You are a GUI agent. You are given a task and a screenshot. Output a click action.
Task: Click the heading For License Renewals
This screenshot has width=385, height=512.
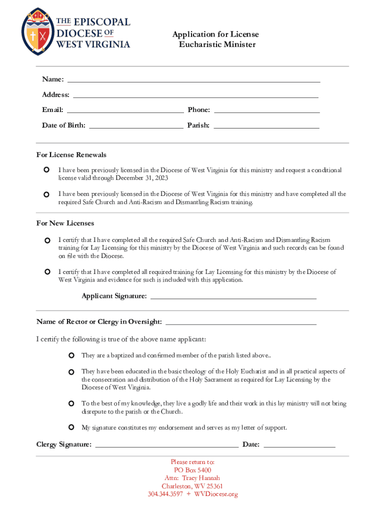coord(71,155)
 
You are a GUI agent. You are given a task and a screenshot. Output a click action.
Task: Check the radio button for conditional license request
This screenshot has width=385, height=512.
coord(46,170)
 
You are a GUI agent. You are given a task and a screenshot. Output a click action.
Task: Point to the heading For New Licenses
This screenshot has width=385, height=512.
coord(65,223)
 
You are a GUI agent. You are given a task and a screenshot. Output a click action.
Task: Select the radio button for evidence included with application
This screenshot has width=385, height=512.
coord(47,272)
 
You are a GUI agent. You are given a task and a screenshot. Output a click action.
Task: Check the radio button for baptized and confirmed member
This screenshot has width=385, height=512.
coord(71,355)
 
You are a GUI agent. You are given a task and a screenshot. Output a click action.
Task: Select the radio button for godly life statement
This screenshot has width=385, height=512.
coord(71,403)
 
